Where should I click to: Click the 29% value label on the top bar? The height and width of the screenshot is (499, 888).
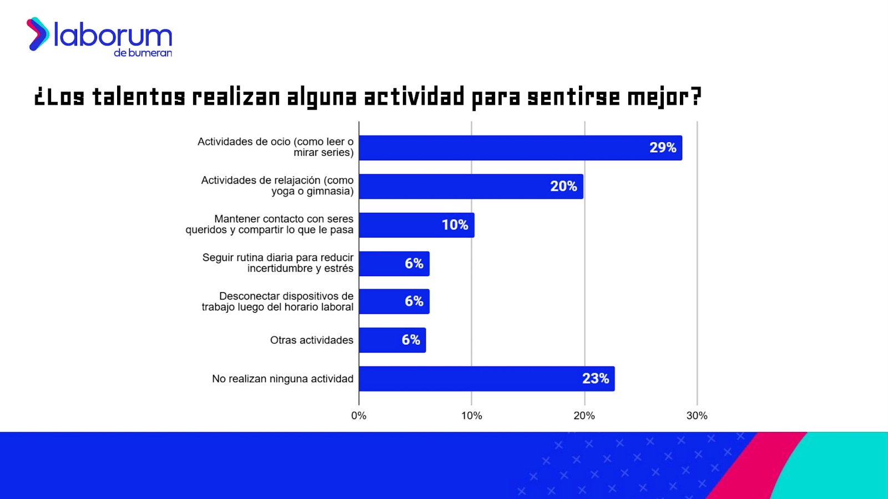pos(663,147)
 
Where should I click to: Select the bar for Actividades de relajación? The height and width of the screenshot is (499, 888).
pos(471,186)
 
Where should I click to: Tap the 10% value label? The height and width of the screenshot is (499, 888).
pos(455,225)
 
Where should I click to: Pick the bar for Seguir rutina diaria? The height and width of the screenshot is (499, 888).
pos(394,263)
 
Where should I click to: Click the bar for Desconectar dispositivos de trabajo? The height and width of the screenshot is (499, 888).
pos(394,302)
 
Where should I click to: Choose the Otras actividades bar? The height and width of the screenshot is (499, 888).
pos(392,340)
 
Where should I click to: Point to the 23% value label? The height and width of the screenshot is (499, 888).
pos(596,379)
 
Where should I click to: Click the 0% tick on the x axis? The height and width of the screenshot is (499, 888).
pos(359,416)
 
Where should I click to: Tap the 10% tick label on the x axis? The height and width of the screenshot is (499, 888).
pos(471,416)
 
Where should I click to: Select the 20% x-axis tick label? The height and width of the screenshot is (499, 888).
pos(584,416)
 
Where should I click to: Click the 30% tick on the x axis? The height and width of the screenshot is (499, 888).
pos(697,416)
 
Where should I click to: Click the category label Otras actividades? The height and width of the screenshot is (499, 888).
pos(311,340)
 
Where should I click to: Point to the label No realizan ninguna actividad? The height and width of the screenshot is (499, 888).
pos(282,379)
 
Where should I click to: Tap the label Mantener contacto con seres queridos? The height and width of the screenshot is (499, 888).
pos(270,224)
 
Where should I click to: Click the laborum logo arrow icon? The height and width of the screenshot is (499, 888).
pos(38,34)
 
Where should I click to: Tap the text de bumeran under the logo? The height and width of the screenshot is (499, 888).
pos(143,53)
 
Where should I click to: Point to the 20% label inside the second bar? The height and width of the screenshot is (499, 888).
pos(563,186)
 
